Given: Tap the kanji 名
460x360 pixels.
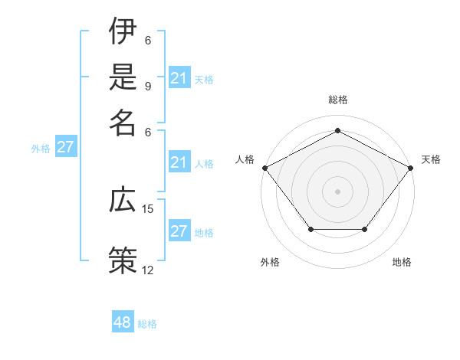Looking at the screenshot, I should tap(123, 123).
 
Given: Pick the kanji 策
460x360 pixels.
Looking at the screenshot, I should tap(123, 259).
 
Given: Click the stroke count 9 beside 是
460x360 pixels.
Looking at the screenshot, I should tap(148, 86).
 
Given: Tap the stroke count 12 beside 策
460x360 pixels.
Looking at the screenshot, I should tap(148, 270).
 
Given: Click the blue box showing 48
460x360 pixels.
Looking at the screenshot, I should tap(123, 322).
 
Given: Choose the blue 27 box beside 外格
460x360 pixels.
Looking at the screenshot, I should tap(65, 147).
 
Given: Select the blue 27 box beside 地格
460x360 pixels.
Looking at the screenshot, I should tap(179, 231).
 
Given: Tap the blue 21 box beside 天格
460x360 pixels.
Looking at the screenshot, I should tap(179, 78).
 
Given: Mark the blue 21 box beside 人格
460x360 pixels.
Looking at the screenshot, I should tap(179, 162).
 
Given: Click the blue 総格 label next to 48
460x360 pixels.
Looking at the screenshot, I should tap(147, 324).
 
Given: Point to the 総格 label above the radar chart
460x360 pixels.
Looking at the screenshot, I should tap(337, 100).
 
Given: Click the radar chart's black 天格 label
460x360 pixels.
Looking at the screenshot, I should tap(431, 159).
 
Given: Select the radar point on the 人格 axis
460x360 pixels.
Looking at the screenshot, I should tap(264, 167).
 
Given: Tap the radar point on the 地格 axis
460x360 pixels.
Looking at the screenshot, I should tap(364, 229).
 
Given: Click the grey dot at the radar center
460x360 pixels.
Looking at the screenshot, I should tap(337, 191).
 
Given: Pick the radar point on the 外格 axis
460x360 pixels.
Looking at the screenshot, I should tap(310, 229).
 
